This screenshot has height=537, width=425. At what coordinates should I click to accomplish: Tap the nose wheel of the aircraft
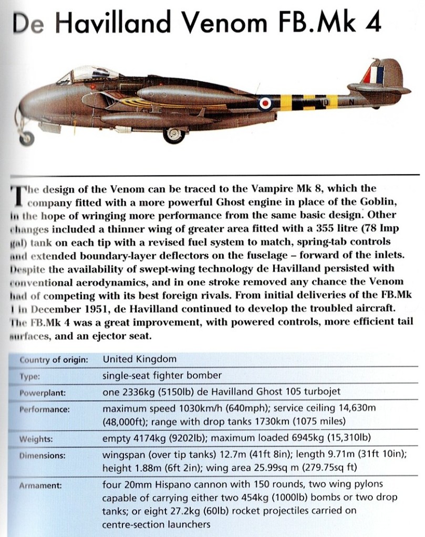pos(26,138)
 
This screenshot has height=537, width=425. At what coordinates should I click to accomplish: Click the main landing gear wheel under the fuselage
pos(173,134)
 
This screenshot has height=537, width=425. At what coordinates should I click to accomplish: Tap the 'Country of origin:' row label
pos(53,360)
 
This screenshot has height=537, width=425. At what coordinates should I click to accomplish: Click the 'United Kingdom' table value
pos(140,360)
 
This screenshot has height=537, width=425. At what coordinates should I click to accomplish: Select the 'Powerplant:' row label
pos(44,393)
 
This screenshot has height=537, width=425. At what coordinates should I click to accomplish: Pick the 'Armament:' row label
pos(40,486)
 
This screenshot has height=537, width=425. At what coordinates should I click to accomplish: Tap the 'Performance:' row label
pos(45,409)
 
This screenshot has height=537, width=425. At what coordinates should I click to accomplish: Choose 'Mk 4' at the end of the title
pos(364,24)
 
